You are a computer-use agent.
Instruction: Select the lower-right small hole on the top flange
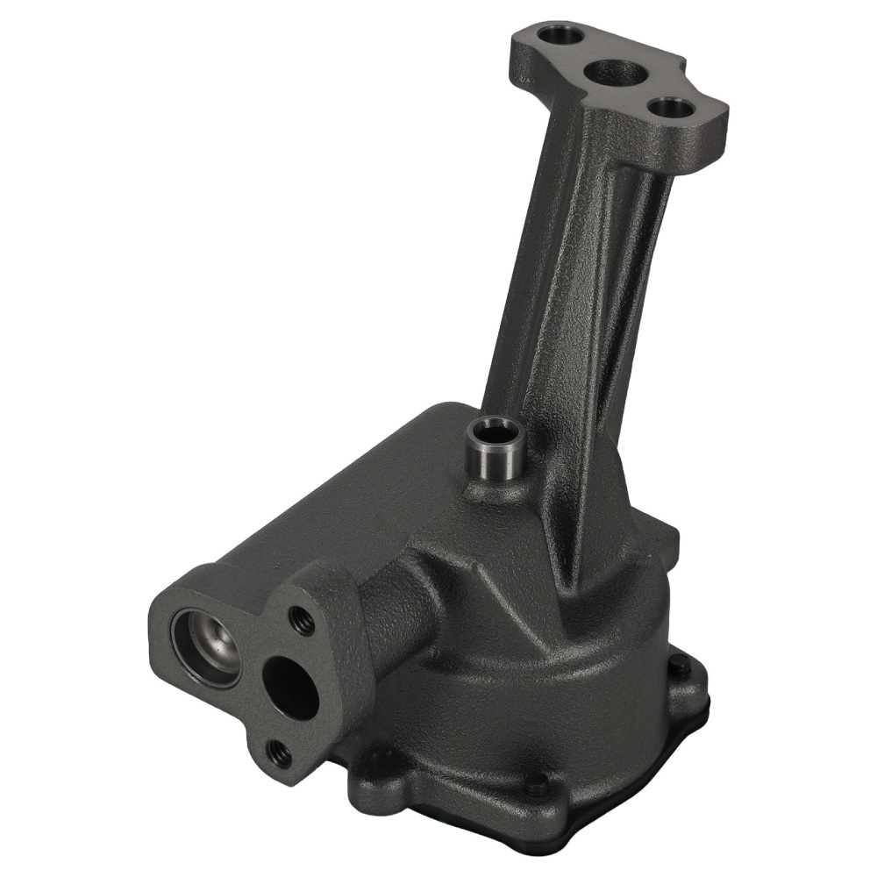point(670,109)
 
